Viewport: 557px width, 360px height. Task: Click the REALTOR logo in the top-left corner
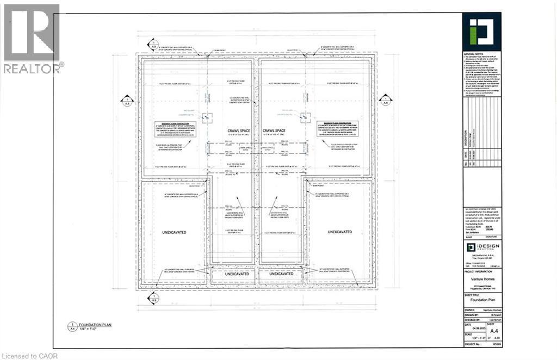point(32,38)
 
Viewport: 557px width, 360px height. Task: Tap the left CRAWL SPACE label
point(233,131)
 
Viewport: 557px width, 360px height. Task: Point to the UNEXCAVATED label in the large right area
point(342,232)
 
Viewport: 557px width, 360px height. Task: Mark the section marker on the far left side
point(127,100)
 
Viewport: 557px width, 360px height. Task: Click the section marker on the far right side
point(385,100)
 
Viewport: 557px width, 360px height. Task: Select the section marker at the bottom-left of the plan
point(153,297)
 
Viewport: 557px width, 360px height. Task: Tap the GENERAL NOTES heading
point(473,55)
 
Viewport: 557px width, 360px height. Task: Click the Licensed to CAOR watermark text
point(27,355)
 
